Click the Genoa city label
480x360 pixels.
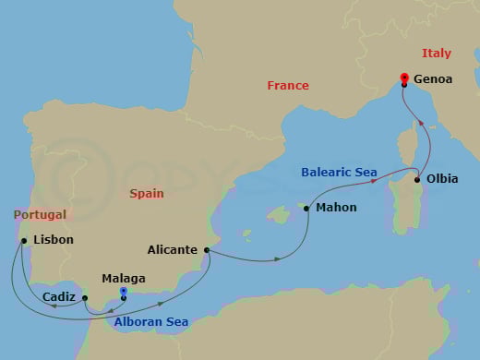[434, 79]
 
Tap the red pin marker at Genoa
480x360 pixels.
[404, 78]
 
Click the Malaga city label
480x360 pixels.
[123, 278]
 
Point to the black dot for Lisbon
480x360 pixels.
[22, 241]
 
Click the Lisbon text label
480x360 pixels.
[53, 240]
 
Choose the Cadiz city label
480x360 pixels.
[59, 297]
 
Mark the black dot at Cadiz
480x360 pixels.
[84, 298]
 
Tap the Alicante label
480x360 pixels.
[172, 249]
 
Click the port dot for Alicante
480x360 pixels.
[206, 249]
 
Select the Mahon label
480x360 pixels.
[336, 208]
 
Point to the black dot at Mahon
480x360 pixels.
[306, 209]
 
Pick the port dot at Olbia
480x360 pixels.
[417, 180]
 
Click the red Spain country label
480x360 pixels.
[147, 194]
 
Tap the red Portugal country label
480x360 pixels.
[40, 215]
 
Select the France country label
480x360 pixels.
[288, 86]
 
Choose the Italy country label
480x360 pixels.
[437, 54]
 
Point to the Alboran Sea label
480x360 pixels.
[151, 322]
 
